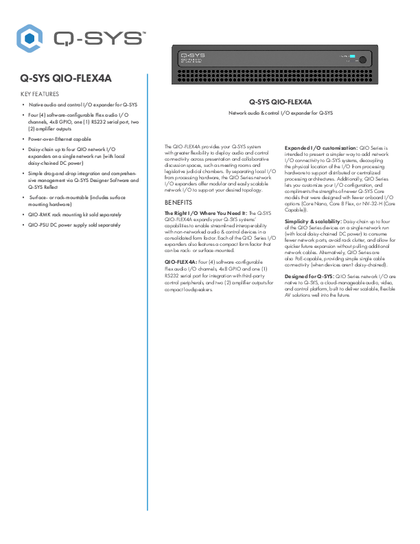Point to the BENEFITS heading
179,203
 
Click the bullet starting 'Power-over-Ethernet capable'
65,138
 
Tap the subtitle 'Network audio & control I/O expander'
280,112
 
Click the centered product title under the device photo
280,102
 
